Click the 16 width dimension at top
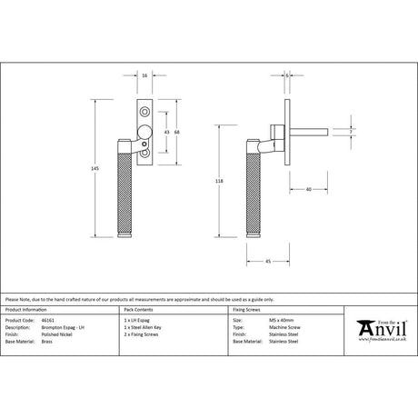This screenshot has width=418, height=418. (146, 76)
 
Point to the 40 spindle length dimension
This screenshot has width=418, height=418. (309, 189)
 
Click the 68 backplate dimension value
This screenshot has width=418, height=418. (177, 132)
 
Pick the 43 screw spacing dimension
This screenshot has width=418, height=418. (165, 132)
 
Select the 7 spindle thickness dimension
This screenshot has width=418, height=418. (348, 133)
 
